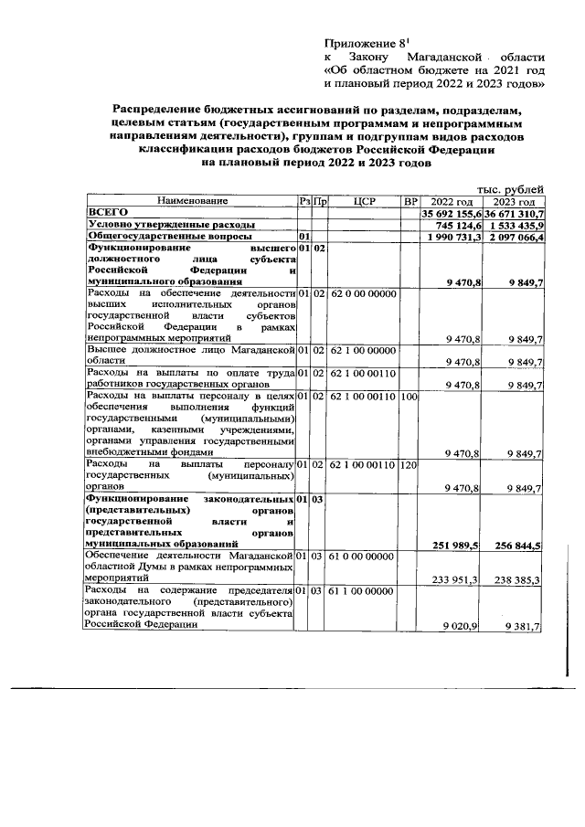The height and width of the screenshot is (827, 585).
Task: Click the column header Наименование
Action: (x=190, y=200)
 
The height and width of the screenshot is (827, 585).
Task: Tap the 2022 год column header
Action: (x=452, y=200)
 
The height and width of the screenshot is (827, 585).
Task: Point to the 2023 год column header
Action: (x=515, y=200)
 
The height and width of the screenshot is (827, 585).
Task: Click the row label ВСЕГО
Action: (x=106, y=212)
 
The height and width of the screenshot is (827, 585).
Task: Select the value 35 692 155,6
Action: (x=451, y=212)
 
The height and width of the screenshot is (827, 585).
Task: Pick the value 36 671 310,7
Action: (x=515, y=212)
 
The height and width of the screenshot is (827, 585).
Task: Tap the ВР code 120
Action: (x=409, y=465)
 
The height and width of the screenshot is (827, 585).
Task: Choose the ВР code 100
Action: (x=409, y=396)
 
